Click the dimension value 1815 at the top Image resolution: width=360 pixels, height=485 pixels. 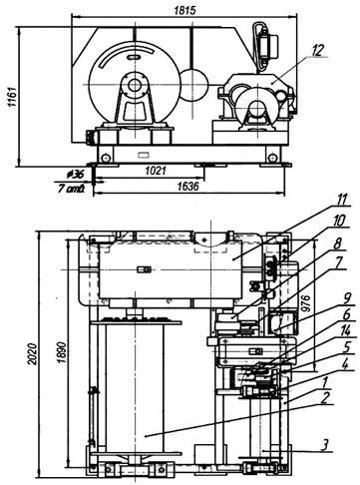click(185, 10)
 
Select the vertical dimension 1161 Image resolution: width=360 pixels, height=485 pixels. click(12, 97)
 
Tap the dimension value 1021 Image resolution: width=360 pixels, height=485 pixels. click(156, 171)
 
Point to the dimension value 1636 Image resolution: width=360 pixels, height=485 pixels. click(187, 187)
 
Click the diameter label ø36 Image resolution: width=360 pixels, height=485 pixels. click(76, 174)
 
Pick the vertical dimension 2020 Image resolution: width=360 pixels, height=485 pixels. click(33, 353)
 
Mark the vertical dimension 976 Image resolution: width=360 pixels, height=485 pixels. click(305, 302)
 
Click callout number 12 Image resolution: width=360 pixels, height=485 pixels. click(317, 51)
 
